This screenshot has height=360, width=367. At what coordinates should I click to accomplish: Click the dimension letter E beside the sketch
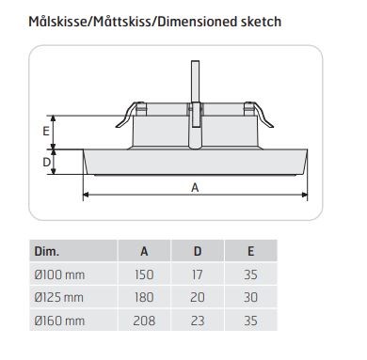click(46, 131)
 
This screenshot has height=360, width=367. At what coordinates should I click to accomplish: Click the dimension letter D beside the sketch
click(46, 162)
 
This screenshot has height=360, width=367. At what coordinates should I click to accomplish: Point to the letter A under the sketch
click(195, 187)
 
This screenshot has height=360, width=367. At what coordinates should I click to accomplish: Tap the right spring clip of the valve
click(261, 116)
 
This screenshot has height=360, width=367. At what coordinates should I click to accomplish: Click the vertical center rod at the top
click(196, 81)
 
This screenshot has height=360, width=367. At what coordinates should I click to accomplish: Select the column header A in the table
click(144, 251)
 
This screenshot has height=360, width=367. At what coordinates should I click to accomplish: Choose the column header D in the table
click(198, 251)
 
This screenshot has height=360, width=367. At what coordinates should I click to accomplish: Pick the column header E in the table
click(250, 251)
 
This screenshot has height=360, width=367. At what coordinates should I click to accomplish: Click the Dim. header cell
click(47, 251)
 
